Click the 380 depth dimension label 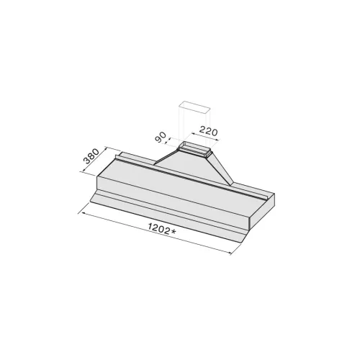click(x=91, y=156)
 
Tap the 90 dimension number click(x=161, y=138)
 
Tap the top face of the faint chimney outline click(x=195, y=107)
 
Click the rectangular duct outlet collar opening click(x=194, y=148)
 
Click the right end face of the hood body click(x=262, y=209)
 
